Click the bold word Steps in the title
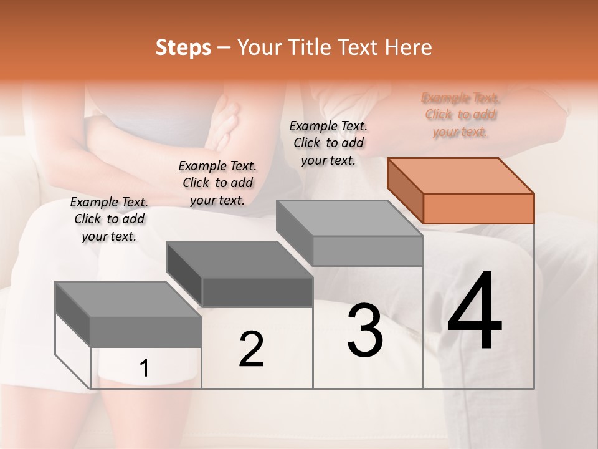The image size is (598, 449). click(x=183, y=47)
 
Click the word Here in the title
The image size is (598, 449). click(x=409, y=47)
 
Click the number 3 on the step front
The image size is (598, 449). click(x=365, y=330)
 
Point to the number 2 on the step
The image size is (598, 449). click(x=251, y=349)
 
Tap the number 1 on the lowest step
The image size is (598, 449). click(x=145, y=368)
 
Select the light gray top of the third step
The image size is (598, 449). click(x=349, y=218)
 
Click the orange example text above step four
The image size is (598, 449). click(x=460, y=115)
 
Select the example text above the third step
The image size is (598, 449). click(x=328, y=143)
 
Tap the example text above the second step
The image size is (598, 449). click(x=217, y=183)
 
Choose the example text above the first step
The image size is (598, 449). click(x=109, y=219)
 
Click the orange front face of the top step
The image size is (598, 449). click(x=478, y=208)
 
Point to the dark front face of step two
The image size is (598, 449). click(x=257, y=292)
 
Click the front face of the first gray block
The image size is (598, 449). click(x=146, y=332)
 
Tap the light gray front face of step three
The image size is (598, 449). click(x=368, y=251)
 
